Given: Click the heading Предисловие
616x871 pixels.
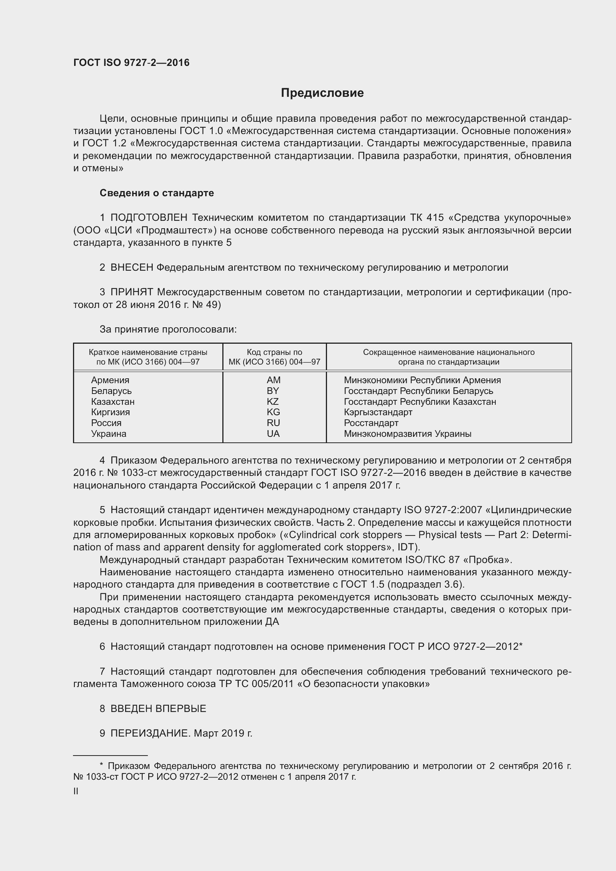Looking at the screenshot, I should (322, 93).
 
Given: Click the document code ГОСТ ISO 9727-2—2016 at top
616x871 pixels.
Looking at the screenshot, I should (131, 63).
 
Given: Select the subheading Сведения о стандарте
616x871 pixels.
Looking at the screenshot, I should (157, 193).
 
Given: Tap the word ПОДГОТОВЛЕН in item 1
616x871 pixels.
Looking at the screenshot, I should (149, 218).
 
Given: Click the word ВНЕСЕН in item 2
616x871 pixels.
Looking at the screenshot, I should (131, 267).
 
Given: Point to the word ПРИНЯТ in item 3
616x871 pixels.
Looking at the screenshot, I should (131, 292).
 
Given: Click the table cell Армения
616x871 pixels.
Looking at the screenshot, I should (110, 380).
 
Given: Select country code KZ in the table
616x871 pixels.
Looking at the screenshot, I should (273, 401).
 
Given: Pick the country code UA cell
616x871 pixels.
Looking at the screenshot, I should (273, 433).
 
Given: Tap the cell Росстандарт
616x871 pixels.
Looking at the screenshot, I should (371, 423).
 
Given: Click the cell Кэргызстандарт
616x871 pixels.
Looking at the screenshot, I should (378, 412).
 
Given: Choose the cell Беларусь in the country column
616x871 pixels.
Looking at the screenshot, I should (111, 391).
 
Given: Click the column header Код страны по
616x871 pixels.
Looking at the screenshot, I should (274, 352).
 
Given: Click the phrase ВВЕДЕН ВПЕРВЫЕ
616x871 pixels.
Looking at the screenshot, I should (158, 709).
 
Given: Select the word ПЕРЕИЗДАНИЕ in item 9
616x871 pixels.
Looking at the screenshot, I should (149, 733).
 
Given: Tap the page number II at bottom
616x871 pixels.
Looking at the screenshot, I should (76, 791).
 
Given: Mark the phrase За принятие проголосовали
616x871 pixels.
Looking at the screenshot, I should (168, 329).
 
